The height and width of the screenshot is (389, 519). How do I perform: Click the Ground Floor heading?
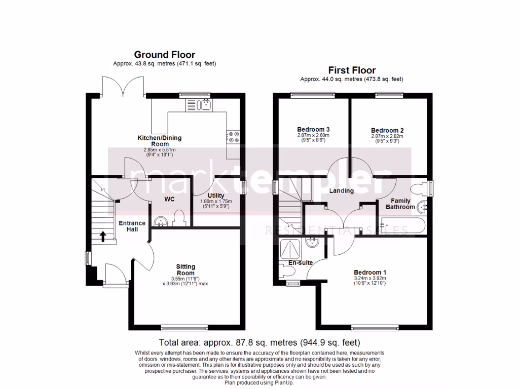pyautogui.click(x=164, y=55)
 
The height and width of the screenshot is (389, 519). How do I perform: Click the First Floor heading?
pyautogui.click(x=352, y=70)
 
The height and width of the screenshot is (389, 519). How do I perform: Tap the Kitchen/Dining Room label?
pyautogui.click(x=160, y=141)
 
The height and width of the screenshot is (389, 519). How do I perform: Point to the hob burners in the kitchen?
pyautogui.click(x=234, y=137)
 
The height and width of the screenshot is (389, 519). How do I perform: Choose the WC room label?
pyautogui.click(x=169, y=199)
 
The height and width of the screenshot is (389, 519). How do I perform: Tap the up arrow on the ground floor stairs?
pyautogui.click(x=103, y=236)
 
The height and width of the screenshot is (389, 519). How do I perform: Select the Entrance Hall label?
pyautogui.click(x=132, y=226)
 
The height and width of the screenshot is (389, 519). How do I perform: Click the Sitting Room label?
pyautogui.click(x=186, y=270)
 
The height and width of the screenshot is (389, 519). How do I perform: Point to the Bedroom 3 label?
pyautogui.click(x=313, y=129)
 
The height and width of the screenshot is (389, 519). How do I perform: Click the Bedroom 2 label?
pyautogui.click(x=387, y=130)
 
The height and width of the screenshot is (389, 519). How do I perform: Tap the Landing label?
pyautogui.click(x=341, y=191)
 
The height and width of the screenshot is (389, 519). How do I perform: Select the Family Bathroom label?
pyautogui.click(x=400, y=204)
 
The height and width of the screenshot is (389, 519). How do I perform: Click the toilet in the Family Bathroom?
pyautogui.click(x=419, y=189)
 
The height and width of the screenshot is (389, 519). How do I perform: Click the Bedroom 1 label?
pyautogui.click(x=369, y=273)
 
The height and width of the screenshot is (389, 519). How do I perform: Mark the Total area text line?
pyautogui.click(x=259, y=342)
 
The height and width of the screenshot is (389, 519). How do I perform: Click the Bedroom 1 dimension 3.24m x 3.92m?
pyautogui.click(x=369, y=278)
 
